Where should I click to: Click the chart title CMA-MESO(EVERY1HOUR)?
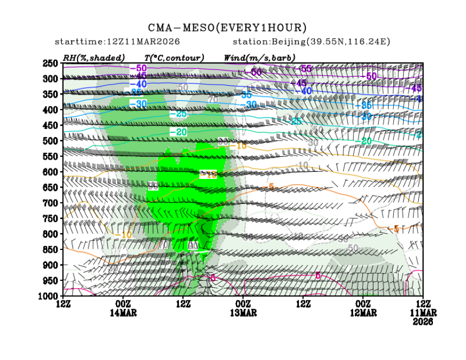tap(228, 28)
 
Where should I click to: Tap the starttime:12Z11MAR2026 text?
tap(118, 42)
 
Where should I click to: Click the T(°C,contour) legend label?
tap(174, 57)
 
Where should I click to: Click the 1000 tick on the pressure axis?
tap(48, 296)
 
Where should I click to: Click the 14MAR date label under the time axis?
tap(123, 313)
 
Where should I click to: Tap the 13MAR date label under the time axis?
tap(243, 313)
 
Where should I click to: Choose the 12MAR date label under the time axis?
tap(363, 313)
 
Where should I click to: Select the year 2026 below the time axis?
tap(423, 321)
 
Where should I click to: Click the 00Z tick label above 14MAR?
tap(123, 305)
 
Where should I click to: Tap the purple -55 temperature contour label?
tap(305, 68)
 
